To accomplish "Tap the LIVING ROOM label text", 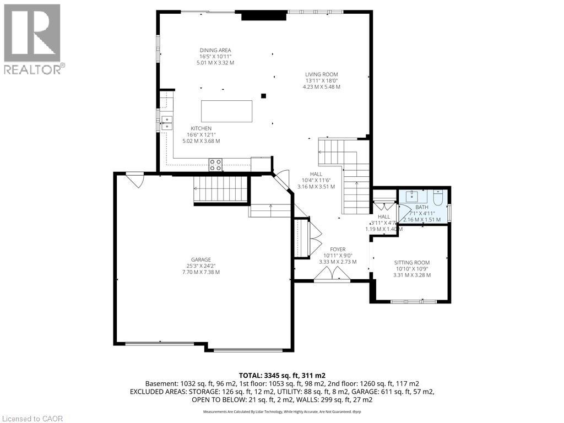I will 322,74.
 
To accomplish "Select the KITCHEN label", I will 201,128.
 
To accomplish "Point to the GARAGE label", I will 201,259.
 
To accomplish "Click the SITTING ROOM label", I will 412,263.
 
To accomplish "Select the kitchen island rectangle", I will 226,111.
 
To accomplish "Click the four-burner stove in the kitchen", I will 215,164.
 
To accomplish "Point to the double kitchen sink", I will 166,122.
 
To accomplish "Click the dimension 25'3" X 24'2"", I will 201,266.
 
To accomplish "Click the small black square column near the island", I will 263,96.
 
